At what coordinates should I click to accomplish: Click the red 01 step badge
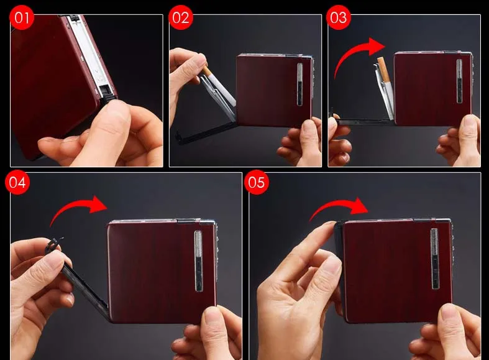coord(22,17)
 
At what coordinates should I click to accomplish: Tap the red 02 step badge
coord(181,17)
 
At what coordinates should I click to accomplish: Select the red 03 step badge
coord(339,17)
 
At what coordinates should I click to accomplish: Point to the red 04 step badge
coord(17,182)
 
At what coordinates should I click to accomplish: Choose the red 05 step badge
coord(257,182)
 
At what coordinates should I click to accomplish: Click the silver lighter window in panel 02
coord(299,84)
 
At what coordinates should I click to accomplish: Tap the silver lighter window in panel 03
coord(459,81)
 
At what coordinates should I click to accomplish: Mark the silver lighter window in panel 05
coord(435,259)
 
